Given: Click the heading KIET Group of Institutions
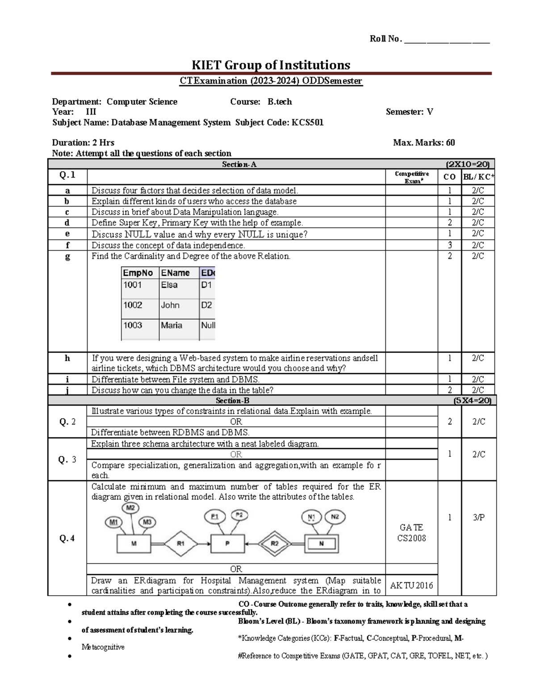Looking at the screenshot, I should (x=271, y=65).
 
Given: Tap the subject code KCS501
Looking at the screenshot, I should (x=307, y=122).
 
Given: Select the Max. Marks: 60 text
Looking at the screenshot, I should (x=424, y=143).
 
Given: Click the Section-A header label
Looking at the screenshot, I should (x=239, y=165).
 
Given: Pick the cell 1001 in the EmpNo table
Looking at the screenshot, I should (x=133, y=285).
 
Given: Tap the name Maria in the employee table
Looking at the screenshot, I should (x=172, y=325).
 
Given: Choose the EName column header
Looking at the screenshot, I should (x=175, y=273).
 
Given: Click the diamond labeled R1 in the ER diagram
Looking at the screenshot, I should (x=180, y=544).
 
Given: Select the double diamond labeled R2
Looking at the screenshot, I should (x=275, y=544).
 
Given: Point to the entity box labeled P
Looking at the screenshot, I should (x=227, y=544).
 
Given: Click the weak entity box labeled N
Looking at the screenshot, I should (x=322, y=544).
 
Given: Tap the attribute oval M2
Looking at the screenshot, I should (x=130, y=508).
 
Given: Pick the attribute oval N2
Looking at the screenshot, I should (x=335, y=517).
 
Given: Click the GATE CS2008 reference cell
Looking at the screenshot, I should (x=412, y=533).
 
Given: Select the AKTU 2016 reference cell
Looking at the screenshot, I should (x=412, y=585).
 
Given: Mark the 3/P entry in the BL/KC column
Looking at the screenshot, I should (x=479, y=518).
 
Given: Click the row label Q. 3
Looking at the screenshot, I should (x=67, y=460).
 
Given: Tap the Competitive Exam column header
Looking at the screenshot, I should (x=412, y=177).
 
